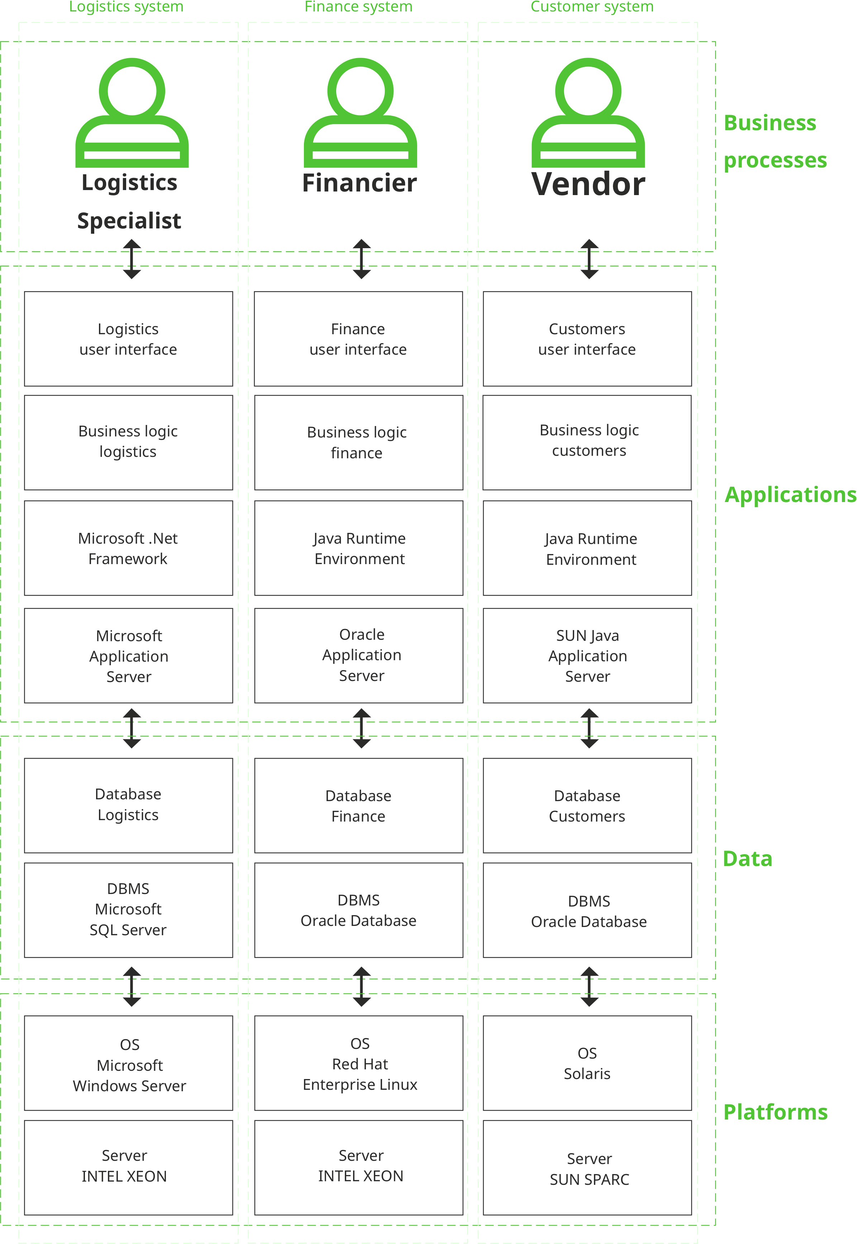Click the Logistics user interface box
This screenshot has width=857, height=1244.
(128, 339)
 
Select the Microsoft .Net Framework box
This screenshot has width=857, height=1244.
(128, 548)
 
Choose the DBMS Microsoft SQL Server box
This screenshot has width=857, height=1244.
(128, 909)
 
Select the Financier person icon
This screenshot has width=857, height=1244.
(360, 113)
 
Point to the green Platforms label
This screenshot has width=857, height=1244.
(775, 1112)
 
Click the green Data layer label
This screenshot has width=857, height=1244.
(747, 858)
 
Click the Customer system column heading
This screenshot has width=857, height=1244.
(592, 7)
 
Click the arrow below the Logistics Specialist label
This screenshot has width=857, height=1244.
(132, 259)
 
